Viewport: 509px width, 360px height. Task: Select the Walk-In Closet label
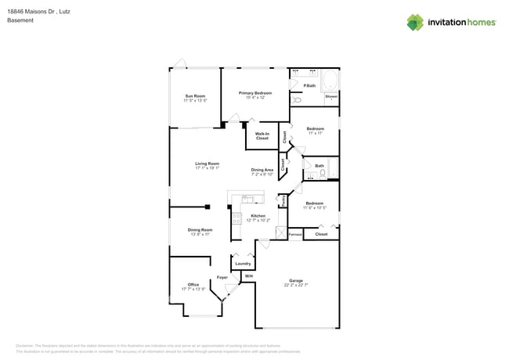point(262,136)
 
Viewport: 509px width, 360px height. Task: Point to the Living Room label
point(207,164)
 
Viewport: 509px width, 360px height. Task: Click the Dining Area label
point(262,170)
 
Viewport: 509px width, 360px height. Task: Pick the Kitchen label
point(258,216)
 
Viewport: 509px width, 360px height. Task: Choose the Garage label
point(296,280)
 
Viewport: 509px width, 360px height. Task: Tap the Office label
point(193,285)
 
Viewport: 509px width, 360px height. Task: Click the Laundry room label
point(243,264)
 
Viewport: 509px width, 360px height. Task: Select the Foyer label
point(222,278)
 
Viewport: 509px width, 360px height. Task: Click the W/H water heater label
point(248,277)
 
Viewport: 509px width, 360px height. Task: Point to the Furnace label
point(294,234)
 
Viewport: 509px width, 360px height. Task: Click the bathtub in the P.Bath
point(330,81)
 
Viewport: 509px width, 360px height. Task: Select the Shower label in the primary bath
point(331,97)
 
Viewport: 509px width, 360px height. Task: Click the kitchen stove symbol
point(236,219)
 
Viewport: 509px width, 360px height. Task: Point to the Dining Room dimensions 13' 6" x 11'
point(200,234)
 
